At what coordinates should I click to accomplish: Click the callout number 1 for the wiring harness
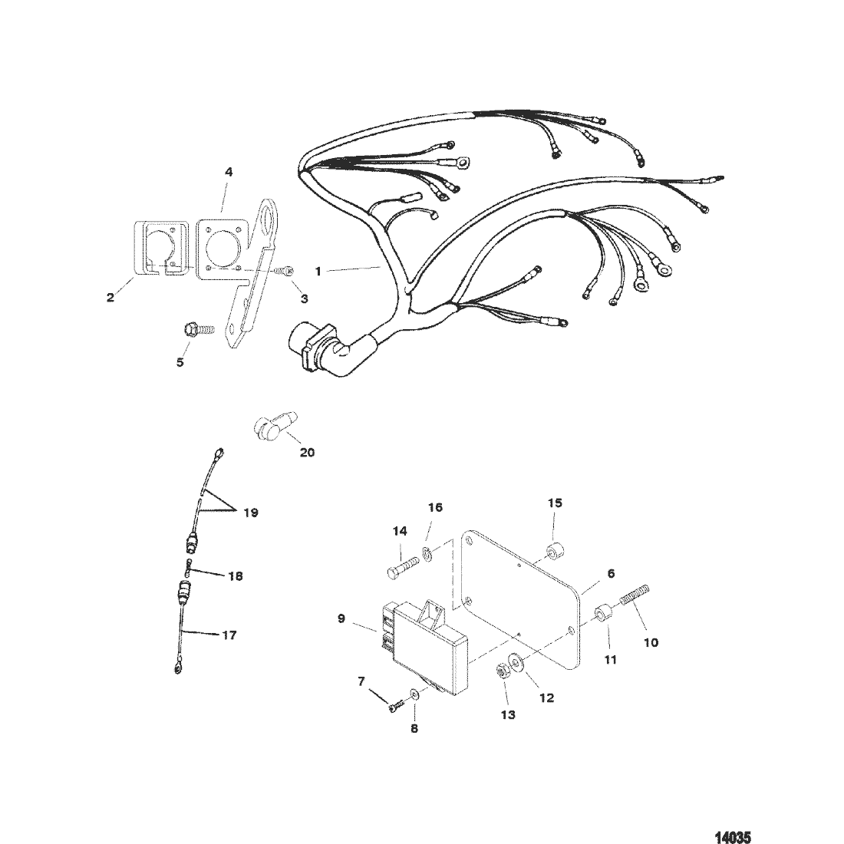click(x=318, y=272)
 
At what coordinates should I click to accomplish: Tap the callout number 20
click(x=307, y=452)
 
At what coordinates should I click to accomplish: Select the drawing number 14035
click(x=733, y=837)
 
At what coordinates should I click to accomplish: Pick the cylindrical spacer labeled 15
click(x=555, y=552)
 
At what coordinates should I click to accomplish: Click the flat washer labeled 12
click(x=515, y=661)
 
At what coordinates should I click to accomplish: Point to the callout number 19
click(x=251, y=513)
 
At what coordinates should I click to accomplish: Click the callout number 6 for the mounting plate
click(x=611, y=574)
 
